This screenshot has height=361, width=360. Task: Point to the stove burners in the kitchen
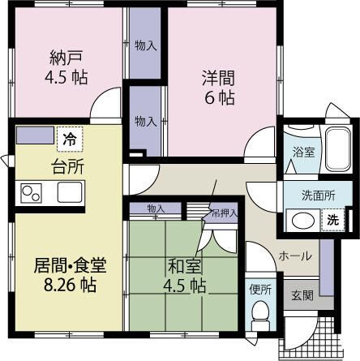point(32,194)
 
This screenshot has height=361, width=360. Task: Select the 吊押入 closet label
point(221,213)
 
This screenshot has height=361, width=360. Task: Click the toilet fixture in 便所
point(259,311)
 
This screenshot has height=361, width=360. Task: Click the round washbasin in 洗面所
point(302,220)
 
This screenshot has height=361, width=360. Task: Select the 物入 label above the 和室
point(156,209)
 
